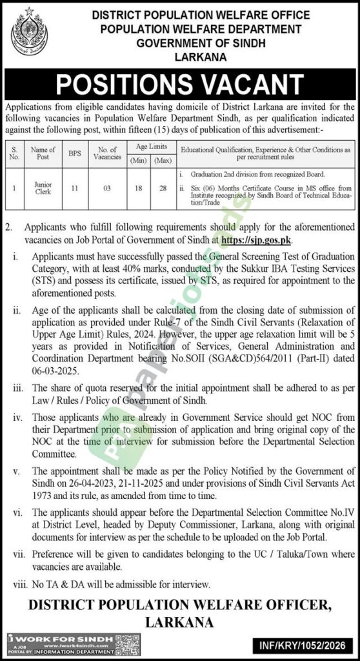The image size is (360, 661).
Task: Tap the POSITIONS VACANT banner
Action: coord(180,84)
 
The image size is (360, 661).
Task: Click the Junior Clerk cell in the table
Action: coord(43,187)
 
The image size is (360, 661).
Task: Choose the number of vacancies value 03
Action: coord(106,187)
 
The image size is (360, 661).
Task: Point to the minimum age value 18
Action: coord(137,187)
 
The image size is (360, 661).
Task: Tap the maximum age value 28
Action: coord(163,187)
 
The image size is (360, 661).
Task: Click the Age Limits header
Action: coord(150,147)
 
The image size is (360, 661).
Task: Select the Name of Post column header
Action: coord(43,153)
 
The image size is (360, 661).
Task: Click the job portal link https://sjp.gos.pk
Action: coord(256,239)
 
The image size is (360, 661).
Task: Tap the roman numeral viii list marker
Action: coord(17,584)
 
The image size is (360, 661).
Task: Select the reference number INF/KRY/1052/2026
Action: coord(310,644)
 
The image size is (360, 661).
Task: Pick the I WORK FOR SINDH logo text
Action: coord(39,638)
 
